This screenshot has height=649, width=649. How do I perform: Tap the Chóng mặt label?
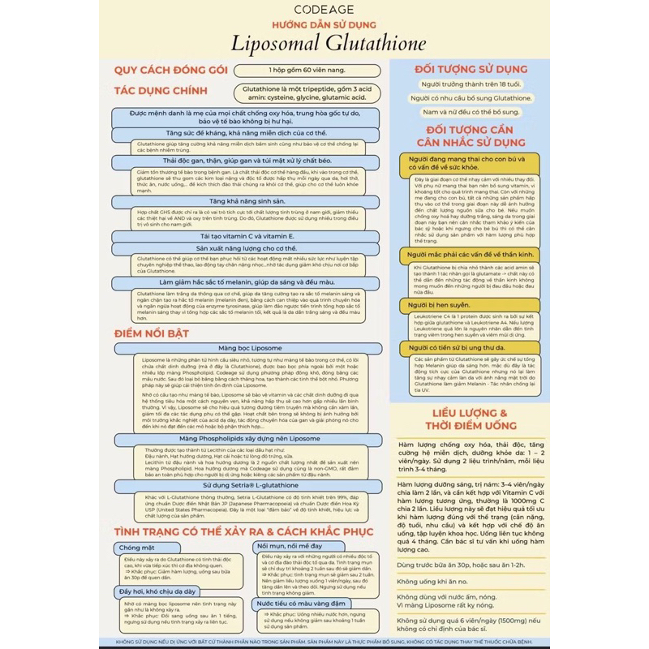pos(136,548)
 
